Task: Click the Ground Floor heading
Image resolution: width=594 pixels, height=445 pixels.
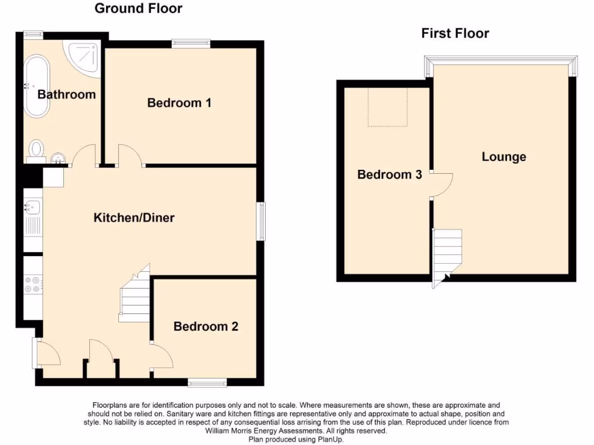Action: click(x=138, y=8)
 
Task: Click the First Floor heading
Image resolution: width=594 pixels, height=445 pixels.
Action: click(x=455, y=34)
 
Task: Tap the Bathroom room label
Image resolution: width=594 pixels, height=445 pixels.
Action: click(x=66, y=94)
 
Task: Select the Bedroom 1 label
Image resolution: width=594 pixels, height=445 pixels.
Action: click(x=179, y=103)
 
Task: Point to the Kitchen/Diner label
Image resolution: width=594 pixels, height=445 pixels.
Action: click(x=134, y=218)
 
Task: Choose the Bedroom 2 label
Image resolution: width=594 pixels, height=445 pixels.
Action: click(x=205, y=327)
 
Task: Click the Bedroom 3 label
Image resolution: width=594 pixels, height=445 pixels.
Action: click(x=389, y=174)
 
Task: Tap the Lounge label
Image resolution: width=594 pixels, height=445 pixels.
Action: click(x=504, y=156)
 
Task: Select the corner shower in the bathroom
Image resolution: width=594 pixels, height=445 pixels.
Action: click(x=84, y=57)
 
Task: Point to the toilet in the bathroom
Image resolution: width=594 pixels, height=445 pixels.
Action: click(x=36, y=150)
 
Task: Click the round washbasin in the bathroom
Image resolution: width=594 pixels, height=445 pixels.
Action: click(x=58, y=158)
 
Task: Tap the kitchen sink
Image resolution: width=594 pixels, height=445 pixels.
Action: click(x=32, y=206)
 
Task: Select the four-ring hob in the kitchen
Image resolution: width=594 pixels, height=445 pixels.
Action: click(x=32, y=284)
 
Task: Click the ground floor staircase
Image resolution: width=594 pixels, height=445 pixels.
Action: click(x=135, y=296)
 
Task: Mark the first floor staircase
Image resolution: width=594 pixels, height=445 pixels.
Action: click(x=447, y=255)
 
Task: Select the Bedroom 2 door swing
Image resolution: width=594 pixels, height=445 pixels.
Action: click(x=162, y=355)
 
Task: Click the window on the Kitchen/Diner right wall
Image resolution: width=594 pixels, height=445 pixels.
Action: click(x=262, y=221)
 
